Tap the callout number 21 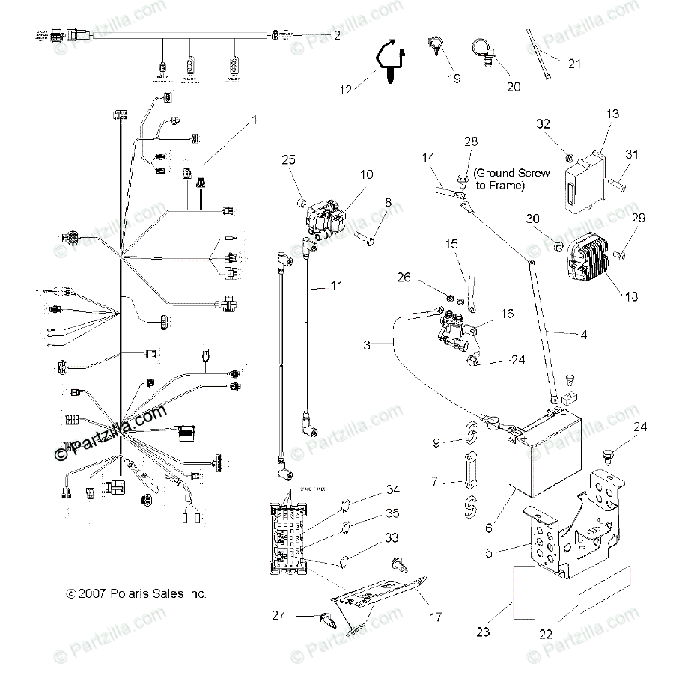coord(574,64)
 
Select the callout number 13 coord(613,114)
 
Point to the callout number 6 coord(488,528)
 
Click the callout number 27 coord(278,615)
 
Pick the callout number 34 coord(372,489)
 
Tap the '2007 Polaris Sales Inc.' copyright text coord(136,593)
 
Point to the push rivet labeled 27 coord(326,619)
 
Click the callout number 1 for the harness coord(254,120)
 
